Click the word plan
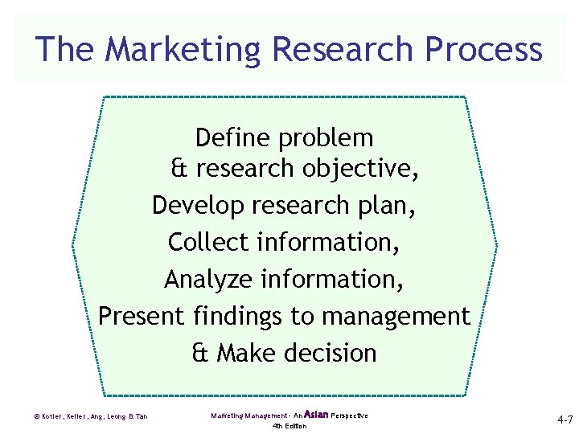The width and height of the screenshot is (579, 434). point(388,206)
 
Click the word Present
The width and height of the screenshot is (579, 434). point(142,316)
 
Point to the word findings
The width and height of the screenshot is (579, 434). point(238,316)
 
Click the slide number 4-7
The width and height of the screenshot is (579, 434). point(563,420)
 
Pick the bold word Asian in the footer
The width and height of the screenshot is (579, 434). point(317,414)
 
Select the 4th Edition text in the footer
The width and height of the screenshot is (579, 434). point(289,426)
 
